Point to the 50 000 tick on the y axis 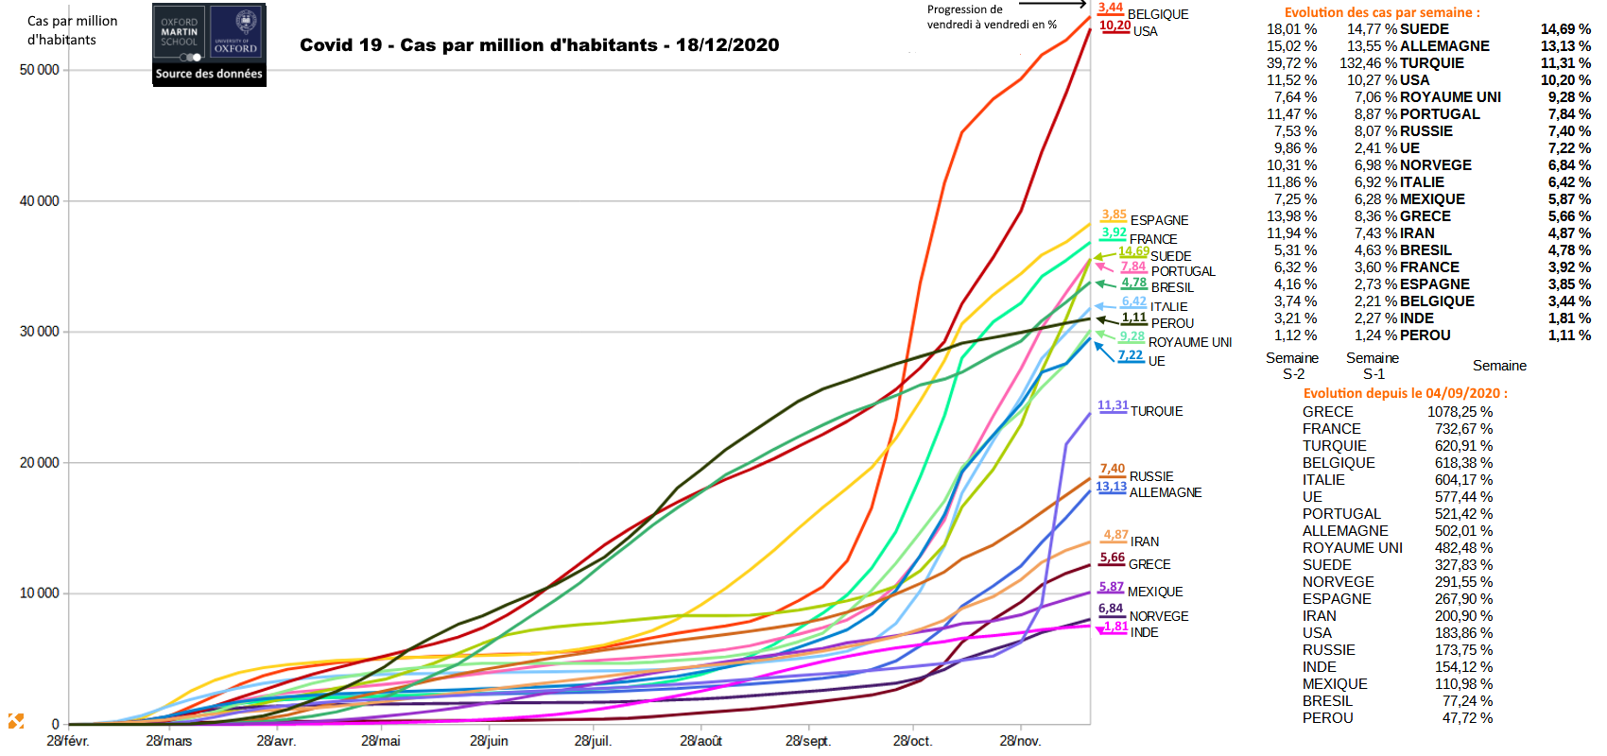pos(39,70)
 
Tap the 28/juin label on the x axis pos(489,741)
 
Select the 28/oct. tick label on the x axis pos(912,741)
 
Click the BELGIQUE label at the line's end pos(1158,14)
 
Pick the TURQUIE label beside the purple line pos(1156,411)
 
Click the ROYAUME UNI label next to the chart pos(1189,342)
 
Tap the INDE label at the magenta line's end pos(1144,632)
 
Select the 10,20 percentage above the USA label pos(1115,26)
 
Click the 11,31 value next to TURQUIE pos(1113,405)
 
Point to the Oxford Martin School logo pos(180,33)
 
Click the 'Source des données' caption pos(209,74)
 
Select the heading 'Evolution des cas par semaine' pos(1382,12)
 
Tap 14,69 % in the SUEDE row pos(1565,29)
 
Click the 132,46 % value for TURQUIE pos(1368,63)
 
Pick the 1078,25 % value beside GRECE pos(1460,412)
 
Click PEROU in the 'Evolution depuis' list pos(1327,718)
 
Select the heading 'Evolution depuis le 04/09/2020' pos(1405,393)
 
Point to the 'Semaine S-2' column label pos(1292,366)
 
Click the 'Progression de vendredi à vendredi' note pos(992,17)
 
